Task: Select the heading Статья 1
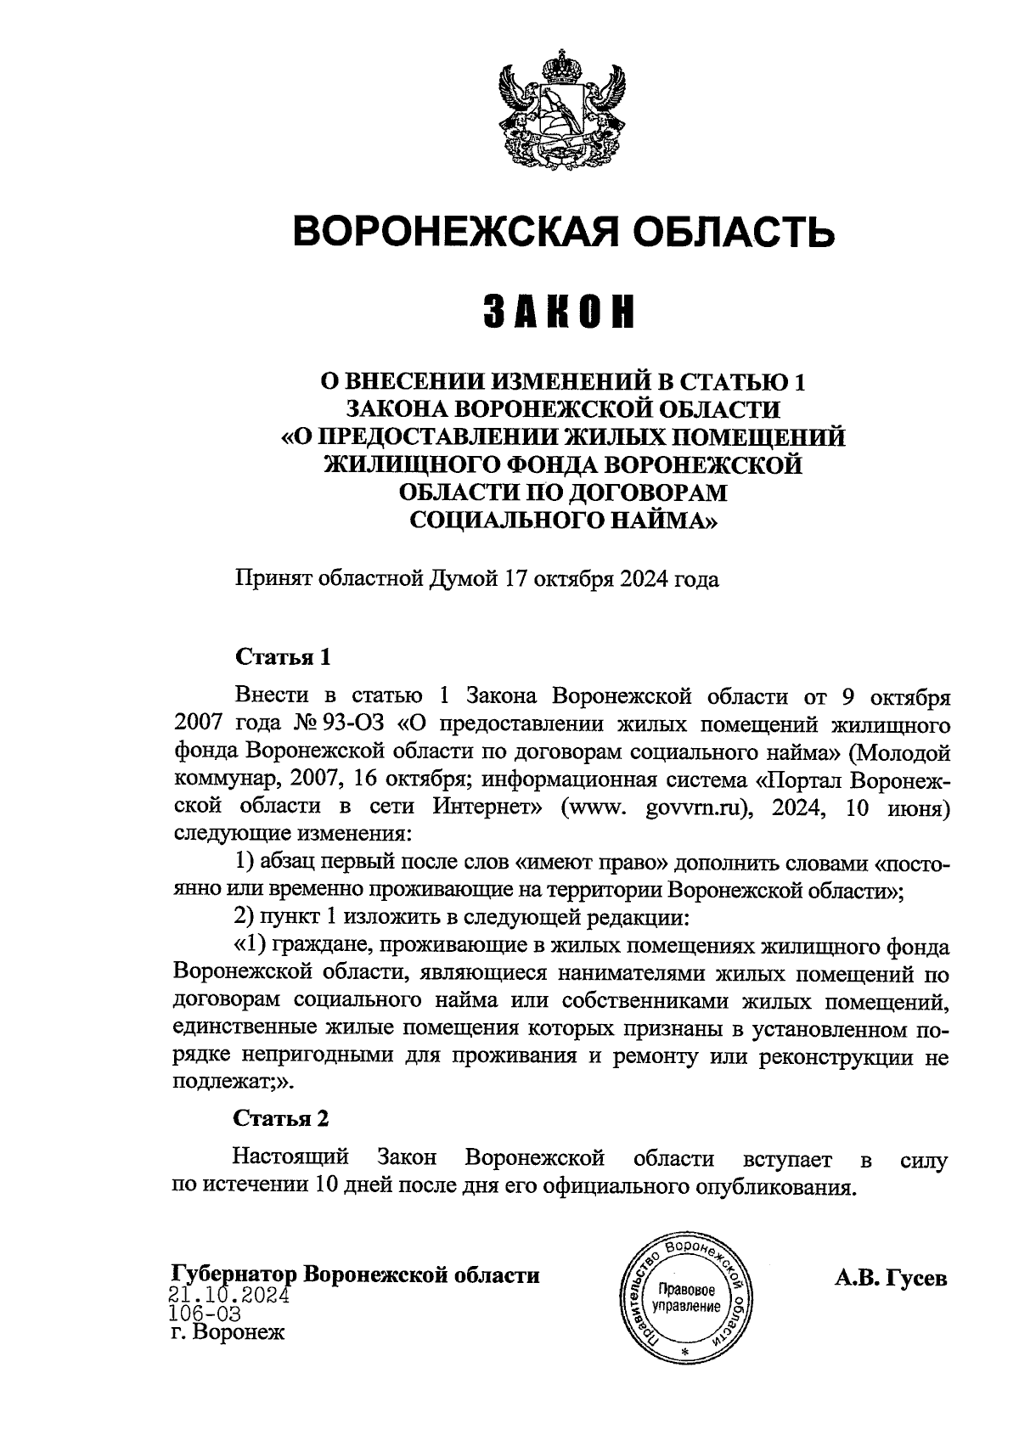tap(281, 657)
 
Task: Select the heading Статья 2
tap(281, 1118)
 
